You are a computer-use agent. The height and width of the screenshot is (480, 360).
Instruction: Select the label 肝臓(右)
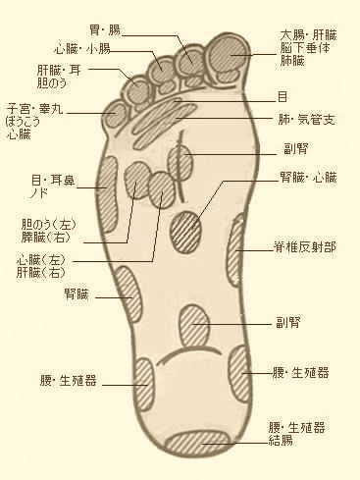point(45,272)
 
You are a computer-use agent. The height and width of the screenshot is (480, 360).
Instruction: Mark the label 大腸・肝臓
point(302,32)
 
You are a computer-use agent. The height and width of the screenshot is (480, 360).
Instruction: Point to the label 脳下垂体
point(302,45)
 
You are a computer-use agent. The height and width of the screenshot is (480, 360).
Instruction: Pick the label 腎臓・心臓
point(306,179)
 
